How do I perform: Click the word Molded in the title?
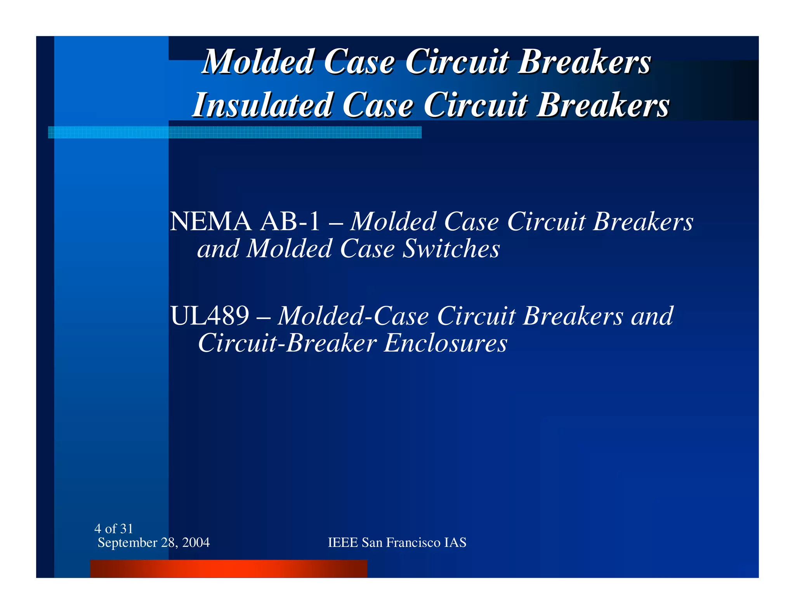tap(258, 62)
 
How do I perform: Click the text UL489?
tap(210, 316)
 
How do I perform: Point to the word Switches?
tap(451, 249)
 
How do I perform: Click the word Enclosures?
tap(446, 343)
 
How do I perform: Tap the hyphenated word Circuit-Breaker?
tap(287, 343)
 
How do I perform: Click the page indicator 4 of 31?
tap(114, 529)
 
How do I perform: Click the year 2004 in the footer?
tap(196, 543)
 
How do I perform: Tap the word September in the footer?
tap(127, 543)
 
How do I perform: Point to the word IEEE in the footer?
tap(343, 543)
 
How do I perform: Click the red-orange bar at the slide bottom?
tap(229, 569)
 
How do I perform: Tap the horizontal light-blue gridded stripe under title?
tap(234, 132)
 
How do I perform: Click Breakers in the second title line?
tap(603, 105)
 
